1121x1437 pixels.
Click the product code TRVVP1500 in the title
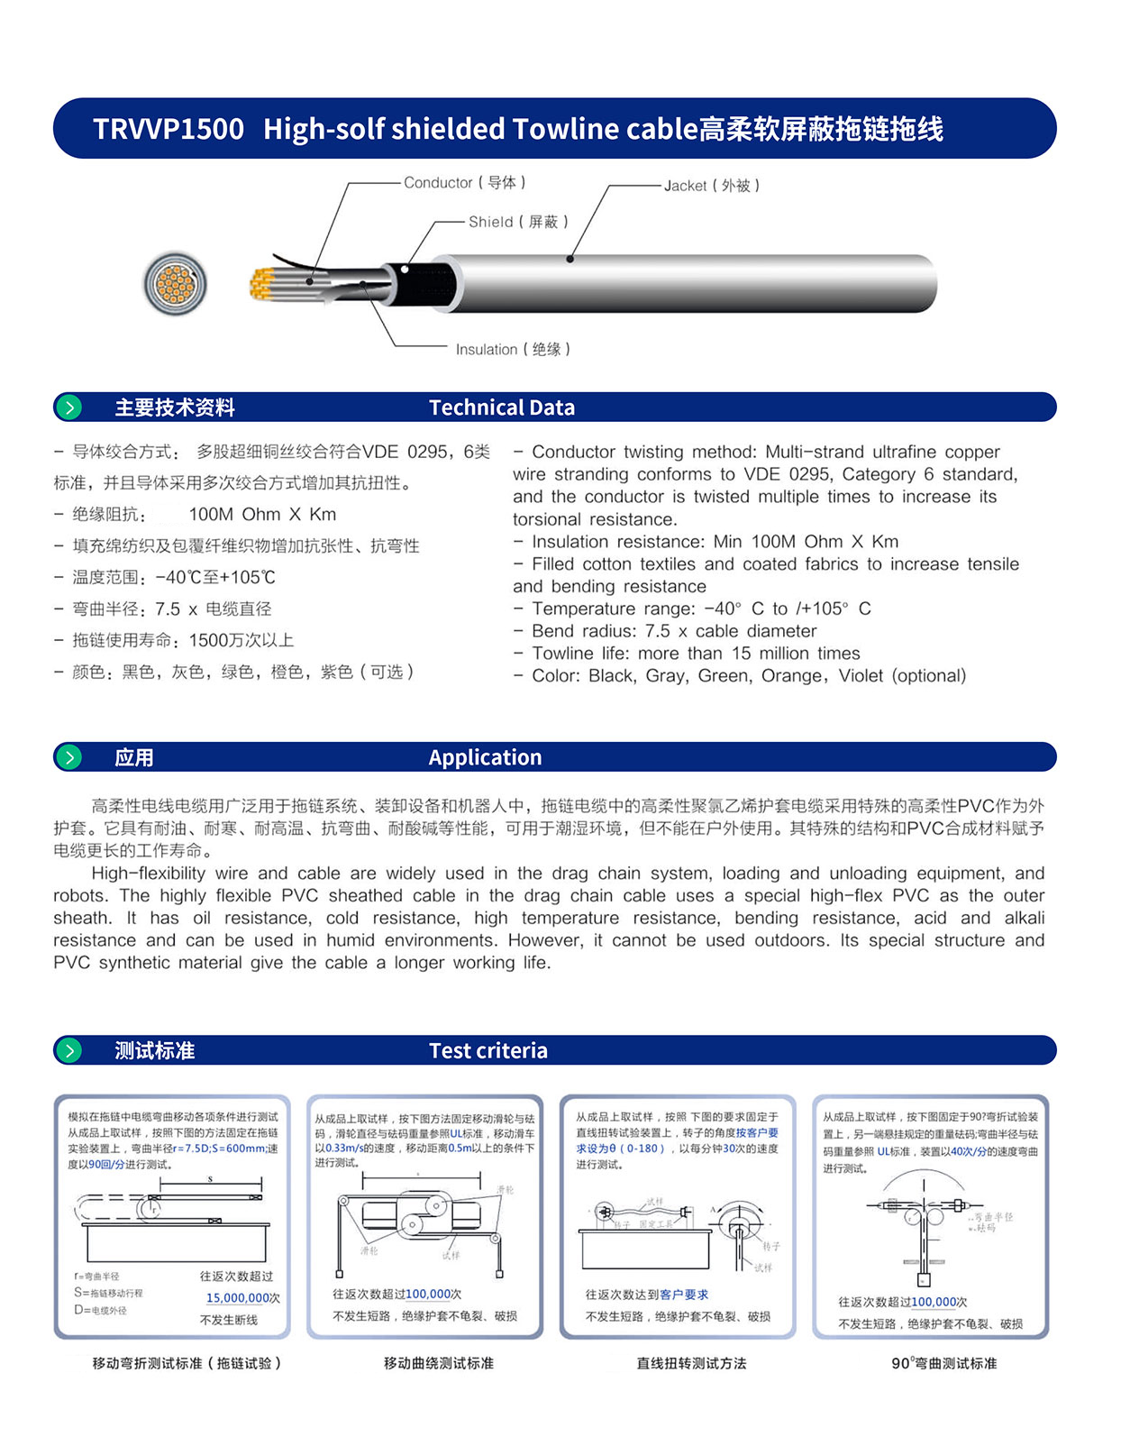click(169, 129)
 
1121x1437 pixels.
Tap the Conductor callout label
click(464, 183)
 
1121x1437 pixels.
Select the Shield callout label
click(518, 222)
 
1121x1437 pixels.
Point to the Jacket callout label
click(712, 186)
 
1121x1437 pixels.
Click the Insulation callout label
click(513, 350)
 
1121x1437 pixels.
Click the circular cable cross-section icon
click(175, 284)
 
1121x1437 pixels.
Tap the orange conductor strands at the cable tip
click(263, 283)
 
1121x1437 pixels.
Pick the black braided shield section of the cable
click(424, 284)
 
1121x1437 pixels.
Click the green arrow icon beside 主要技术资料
click(69, 407)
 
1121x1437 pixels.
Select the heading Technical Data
click(502, 407)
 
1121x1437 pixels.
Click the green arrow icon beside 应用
click(69, 757)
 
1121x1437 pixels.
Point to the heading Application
click(485, 757)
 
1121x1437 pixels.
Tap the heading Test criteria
click(488, 1050)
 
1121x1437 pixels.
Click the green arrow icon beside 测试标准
click(69, 1050)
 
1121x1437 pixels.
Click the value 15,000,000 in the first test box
click(238, 1298)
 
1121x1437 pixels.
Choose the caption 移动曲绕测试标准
click(439, 1363)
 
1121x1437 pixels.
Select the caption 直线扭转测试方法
click(691, 1363)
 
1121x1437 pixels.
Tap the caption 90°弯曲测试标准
click(943, 1363)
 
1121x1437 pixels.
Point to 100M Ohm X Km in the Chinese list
click(262, 515)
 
